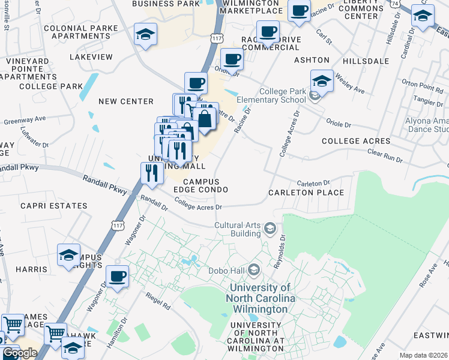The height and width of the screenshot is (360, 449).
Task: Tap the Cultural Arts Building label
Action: pos(238,229)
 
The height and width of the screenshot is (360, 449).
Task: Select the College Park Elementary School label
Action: pos(275,95)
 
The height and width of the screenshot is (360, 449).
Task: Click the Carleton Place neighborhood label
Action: pos(306,193)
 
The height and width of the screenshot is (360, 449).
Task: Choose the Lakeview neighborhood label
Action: pos(91,57)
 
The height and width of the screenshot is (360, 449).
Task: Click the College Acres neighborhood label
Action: pos(356,141)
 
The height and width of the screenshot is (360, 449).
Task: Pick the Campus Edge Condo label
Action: pos(200,185)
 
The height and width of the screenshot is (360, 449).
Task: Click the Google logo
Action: pos(19,353)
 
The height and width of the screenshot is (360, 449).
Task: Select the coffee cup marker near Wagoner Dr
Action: pos(118,277)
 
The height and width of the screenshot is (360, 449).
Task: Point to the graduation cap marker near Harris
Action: pos(69,254)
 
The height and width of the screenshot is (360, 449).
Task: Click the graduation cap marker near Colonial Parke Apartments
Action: pos(145,35)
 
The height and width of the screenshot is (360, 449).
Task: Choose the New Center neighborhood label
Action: pos(126,101)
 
